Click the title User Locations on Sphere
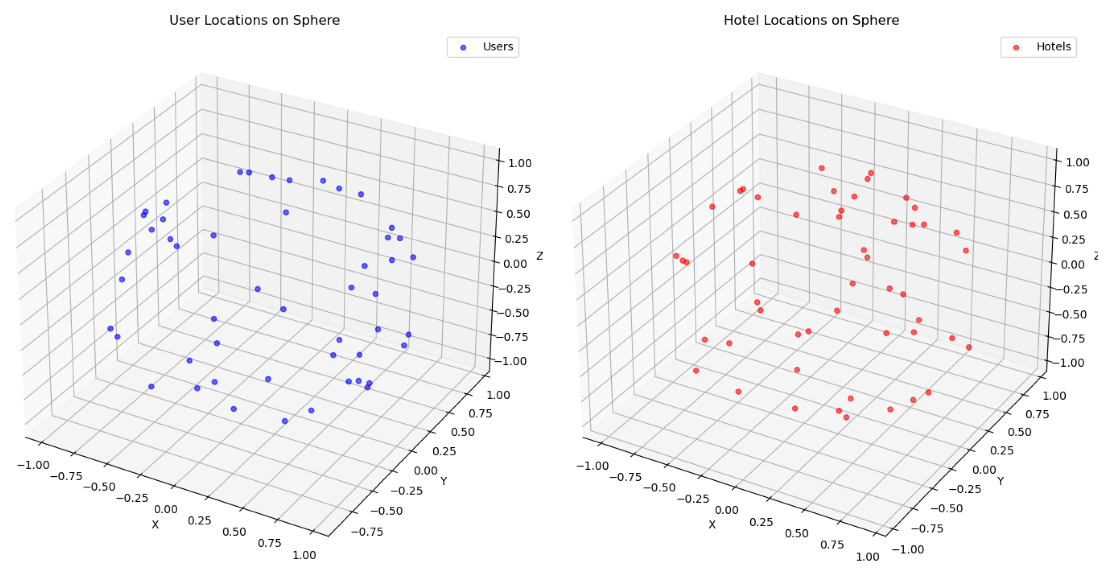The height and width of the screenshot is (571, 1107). [254, 20]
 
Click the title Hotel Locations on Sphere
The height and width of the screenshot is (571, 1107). [811, 20]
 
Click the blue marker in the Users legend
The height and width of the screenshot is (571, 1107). [463, 47]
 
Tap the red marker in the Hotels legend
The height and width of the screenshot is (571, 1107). [1016, 47]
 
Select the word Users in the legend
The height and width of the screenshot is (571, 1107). [497, 47]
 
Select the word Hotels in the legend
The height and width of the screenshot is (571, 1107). [1053, 47]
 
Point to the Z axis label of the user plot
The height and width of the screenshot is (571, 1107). [539, 256]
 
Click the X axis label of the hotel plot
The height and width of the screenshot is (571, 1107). [712, 525]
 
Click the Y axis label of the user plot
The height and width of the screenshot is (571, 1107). [443, 481]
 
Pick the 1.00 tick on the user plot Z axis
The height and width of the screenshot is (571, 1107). [520, 163]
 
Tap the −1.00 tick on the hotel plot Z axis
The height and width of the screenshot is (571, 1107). [1071, 363]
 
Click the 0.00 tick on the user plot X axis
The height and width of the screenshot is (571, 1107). [166, 509]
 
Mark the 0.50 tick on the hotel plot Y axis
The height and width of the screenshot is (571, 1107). [1019, 432]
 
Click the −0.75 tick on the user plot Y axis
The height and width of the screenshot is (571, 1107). [367, 531]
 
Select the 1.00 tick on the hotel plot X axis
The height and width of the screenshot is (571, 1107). [868, 557]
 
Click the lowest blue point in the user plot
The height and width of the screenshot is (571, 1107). [285, 421]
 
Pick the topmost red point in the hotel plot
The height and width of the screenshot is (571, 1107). [821, 168]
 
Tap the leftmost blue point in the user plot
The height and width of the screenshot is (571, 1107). [110, 329]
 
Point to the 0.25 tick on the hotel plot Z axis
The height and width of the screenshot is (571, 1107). [1073, 240]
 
